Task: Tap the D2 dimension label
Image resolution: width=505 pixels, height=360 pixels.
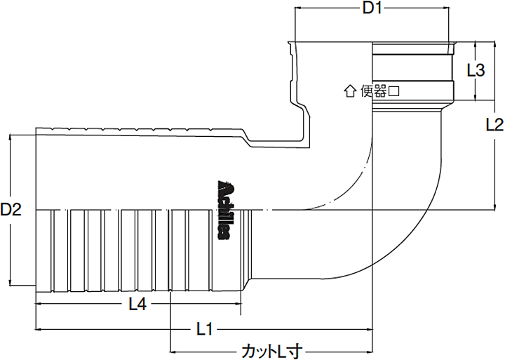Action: click(x=11, y=209)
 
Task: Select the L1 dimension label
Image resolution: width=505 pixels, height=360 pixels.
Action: click(x=206, y=328)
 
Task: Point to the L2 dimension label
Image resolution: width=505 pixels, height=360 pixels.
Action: click(x=494, y=125)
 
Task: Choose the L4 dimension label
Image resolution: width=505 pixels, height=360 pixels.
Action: click(x=138, y=304)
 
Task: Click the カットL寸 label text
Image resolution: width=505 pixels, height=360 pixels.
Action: click(x=271, y=349)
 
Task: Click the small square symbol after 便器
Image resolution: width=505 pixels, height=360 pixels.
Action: click(x=394, y=90)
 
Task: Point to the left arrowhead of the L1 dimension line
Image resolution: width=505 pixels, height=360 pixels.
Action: click(x=39, y=328)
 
